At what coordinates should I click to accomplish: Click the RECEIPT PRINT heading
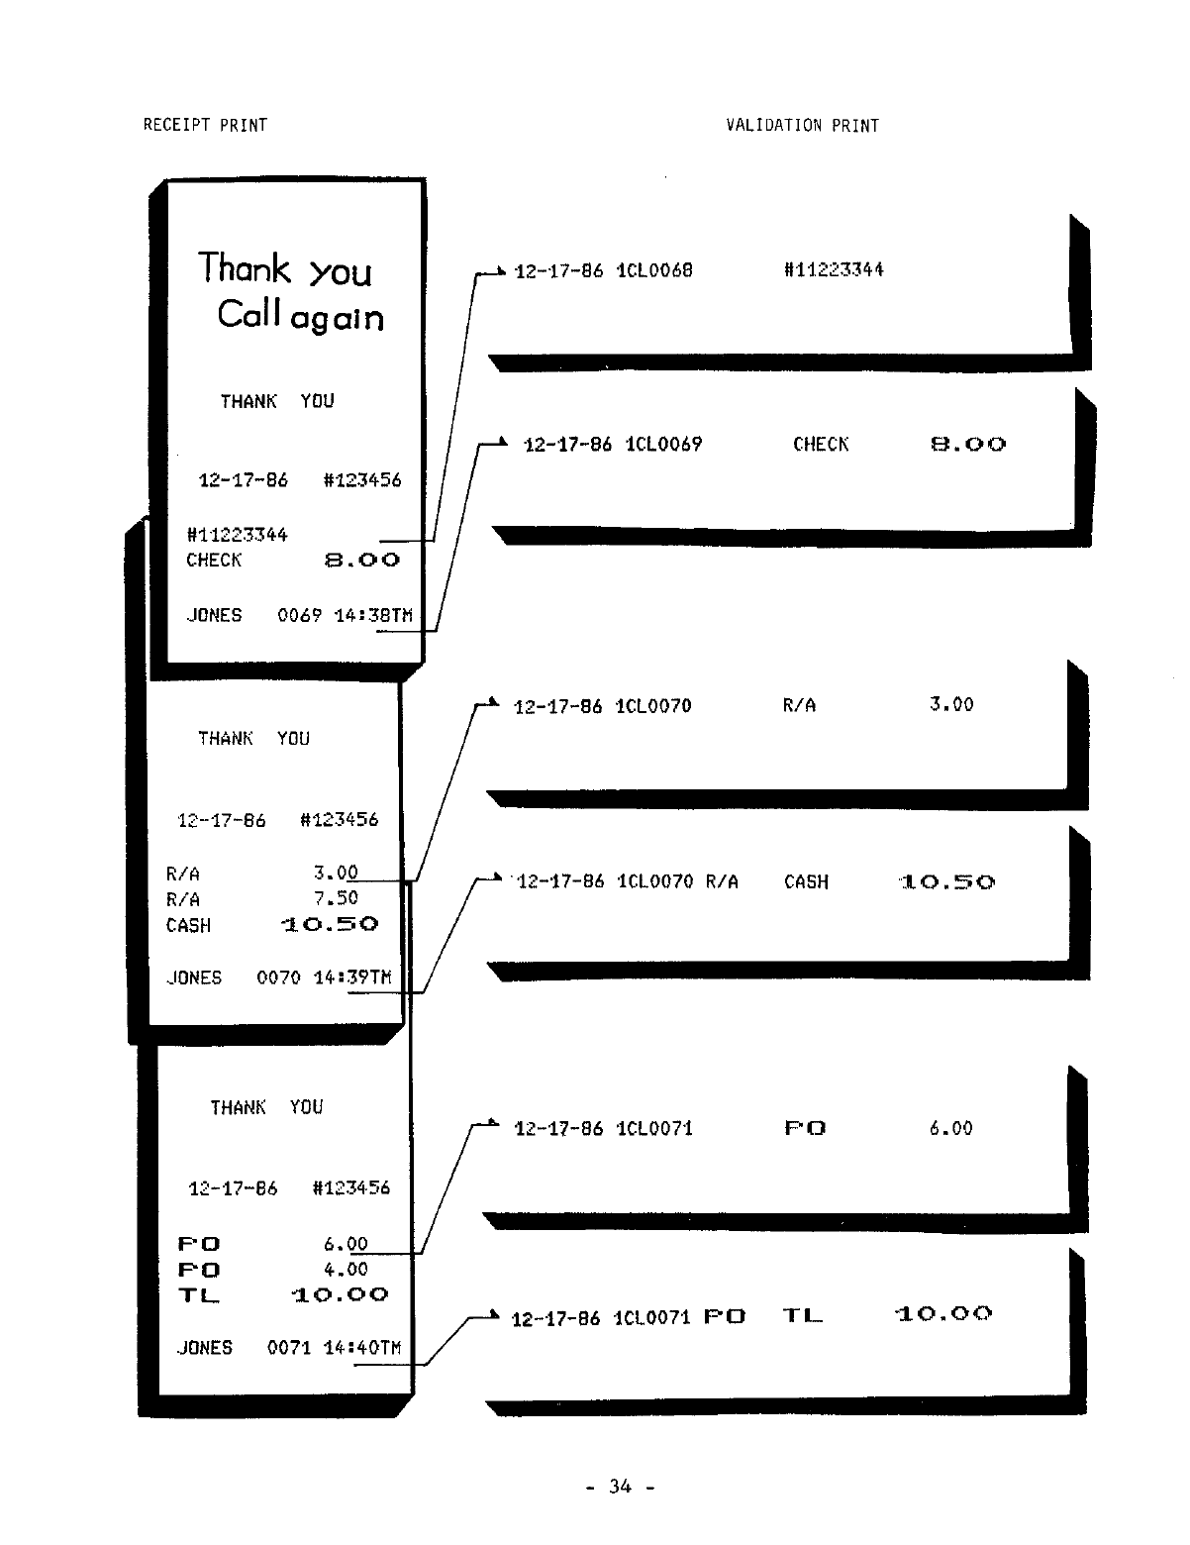coord(205,125)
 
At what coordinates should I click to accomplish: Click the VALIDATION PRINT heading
coord(802,125)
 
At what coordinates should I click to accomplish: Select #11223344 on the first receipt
coord(237,535)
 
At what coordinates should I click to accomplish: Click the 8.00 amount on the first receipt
coord(362,561)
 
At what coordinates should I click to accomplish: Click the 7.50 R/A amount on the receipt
coord(336,898)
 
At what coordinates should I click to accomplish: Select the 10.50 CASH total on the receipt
coord(330,925)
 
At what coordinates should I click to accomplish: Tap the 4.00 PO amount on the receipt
coord(346,1269)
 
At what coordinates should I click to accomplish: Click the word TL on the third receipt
coord(198,1295)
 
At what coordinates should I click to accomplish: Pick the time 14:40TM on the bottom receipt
coord(362,1348)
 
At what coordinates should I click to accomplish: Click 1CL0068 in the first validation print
coord(654,270)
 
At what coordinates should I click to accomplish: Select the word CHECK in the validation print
coord(821,445)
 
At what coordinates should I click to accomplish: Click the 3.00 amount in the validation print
coord(951,705)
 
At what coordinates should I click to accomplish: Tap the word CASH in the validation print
coord(806,882)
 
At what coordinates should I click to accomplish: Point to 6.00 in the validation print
coord(950,1128)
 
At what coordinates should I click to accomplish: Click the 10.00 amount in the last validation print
coord(943,1315)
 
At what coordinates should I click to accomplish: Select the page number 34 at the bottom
coord(620,1486)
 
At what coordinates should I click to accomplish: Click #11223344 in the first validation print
coord(834,269)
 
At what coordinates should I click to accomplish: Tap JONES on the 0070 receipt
coord(194,978)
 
